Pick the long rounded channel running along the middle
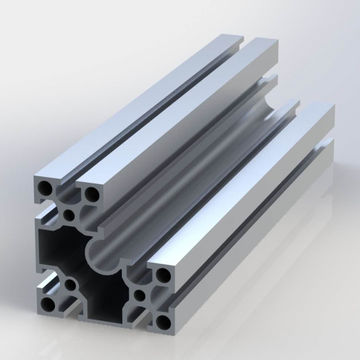tap(200, 160)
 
